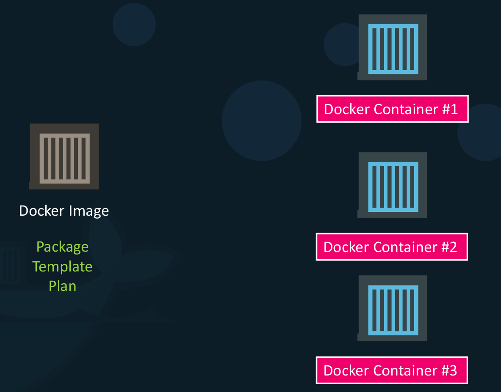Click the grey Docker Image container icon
coord(64,156)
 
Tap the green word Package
coord(63,247)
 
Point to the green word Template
coord(63,266)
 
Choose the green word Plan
coord(63,286)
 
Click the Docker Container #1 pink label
coord(392,109)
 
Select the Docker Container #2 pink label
coord(392,247)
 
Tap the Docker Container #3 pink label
coord(392,370)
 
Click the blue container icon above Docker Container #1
coord(393,47)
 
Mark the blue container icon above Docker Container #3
coord(393,308)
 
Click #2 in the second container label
coord(449,247)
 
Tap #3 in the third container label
coord(449,370)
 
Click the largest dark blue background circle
coord(262,121)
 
